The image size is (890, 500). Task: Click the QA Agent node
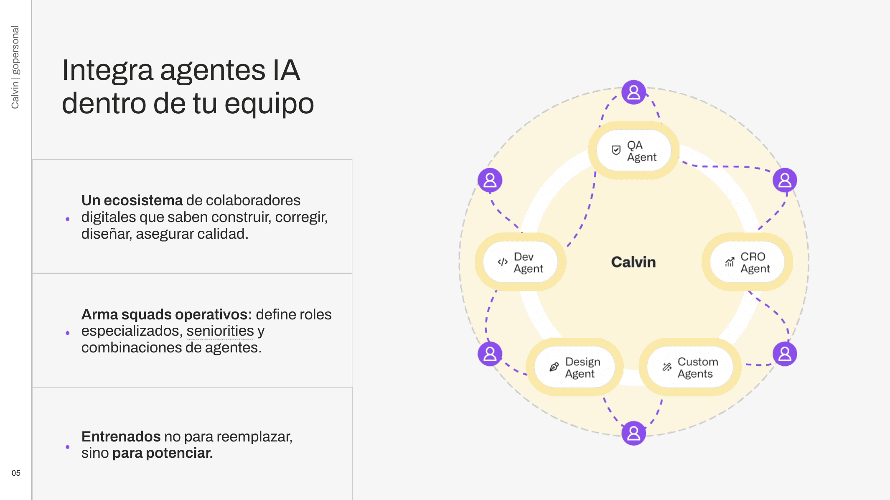coord(633,151)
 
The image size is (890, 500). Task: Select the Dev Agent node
coord(520,262)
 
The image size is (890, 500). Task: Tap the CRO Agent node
coord(747,262)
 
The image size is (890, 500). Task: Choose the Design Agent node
coord(575,367)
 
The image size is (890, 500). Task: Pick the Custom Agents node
coord(690,367)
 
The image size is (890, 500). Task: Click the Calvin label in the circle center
coord(633,262)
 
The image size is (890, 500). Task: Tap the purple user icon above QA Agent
coord(633,92)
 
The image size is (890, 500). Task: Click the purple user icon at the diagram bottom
coord(633,433)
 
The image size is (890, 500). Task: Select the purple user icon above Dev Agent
coord(490,180)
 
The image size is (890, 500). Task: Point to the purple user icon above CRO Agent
coord(785,180)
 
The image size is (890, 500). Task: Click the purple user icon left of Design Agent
coord(490,354)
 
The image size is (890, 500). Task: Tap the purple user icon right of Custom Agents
coord(785,354)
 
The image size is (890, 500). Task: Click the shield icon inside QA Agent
coord(616,151)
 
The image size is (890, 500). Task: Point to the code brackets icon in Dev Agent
coord(503,262)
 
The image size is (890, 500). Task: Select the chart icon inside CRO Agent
coord(730,262)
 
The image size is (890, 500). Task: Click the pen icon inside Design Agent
coord(554,367)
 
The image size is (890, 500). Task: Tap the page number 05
coord(16,473)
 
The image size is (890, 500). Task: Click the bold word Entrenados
coord(121,436)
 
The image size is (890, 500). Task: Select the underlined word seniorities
coord(220,331)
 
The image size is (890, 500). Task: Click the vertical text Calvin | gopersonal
coord(15,67)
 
